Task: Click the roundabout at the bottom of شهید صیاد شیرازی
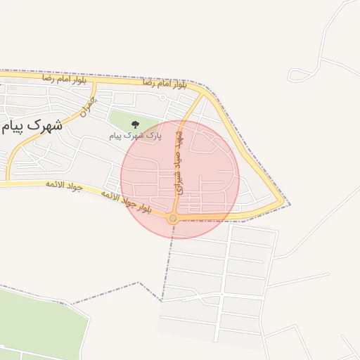click(173, 219)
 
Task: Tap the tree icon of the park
click(135, 125)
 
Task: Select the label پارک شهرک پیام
click(136, 135)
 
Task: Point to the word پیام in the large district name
click(14, 127)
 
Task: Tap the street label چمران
click(87, 106)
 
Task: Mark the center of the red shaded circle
click(180, 179)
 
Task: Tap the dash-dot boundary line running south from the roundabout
click(167, 267)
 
